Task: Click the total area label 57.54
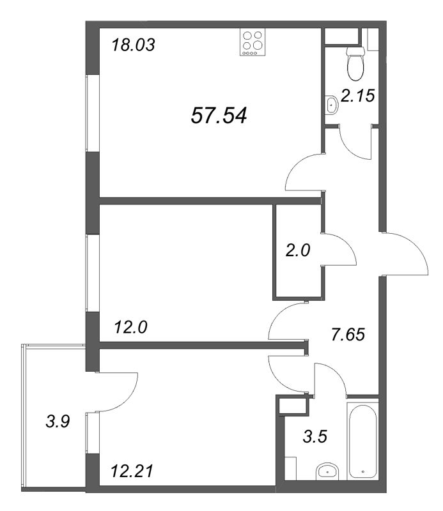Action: coord(219,116)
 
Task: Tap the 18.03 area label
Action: coord(134,46)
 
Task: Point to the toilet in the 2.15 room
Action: coord(354,60)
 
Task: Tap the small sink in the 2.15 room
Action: coord(331,104)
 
